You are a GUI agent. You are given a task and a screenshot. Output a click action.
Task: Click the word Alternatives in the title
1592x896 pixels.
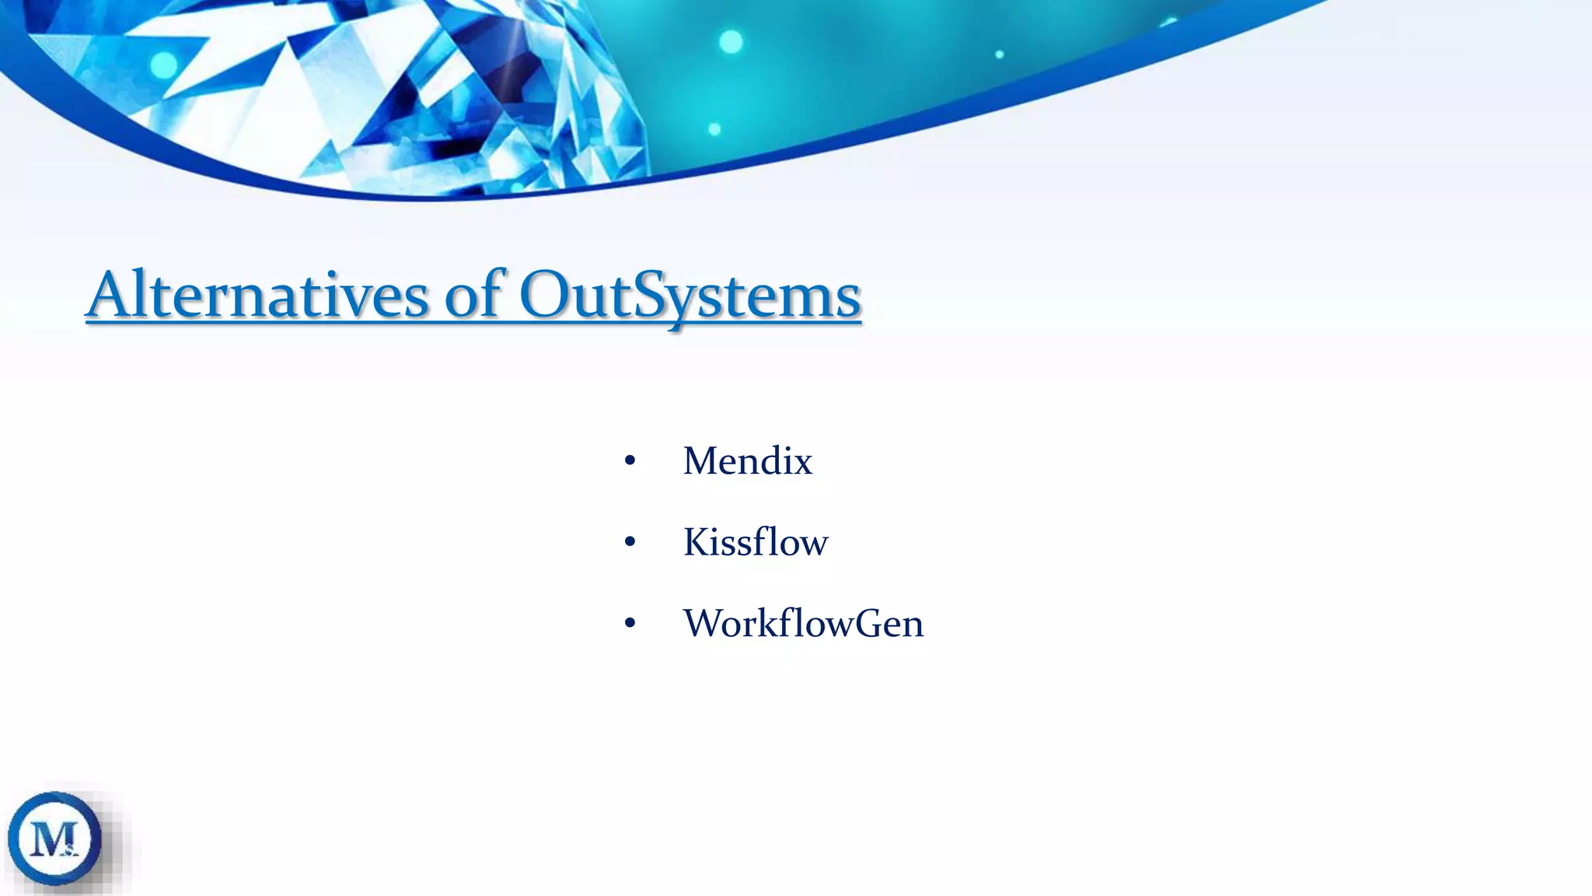(257, 296)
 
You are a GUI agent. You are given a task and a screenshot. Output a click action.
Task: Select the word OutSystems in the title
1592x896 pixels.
(690, 296)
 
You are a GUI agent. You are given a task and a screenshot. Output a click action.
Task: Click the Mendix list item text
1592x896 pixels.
(747, 461)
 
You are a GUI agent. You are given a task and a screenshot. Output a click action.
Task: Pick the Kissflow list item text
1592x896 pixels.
(755, 542)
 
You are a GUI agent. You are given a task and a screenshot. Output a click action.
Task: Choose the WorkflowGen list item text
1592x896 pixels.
(803, 624)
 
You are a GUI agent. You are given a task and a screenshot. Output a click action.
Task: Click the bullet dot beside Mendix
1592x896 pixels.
(630, 462)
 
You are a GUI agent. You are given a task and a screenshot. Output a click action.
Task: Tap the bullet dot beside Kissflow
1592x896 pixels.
(630, 543)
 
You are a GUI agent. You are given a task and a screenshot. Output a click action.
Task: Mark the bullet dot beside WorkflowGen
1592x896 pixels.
(630, 624)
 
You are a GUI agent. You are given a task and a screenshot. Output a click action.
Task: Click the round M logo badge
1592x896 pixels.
(54, 838)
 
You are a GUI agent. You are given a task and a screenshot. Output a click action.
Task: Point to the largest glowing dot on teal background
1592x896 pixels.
(731, 41)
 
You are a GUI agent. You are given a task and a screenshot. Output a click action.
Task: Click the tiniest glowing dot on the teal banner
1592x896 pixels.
(1000, 54)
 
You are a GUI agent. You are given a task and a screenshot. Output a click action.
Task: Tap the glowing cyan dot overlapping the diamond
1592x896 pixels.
(162, 65)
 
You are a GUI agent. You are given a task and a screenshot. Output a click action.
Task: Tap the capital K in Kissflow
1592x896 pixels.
(696, 542)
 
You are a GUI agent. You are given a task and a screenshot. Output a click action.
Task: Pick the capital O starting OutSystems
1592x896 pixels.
(543, 296)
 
